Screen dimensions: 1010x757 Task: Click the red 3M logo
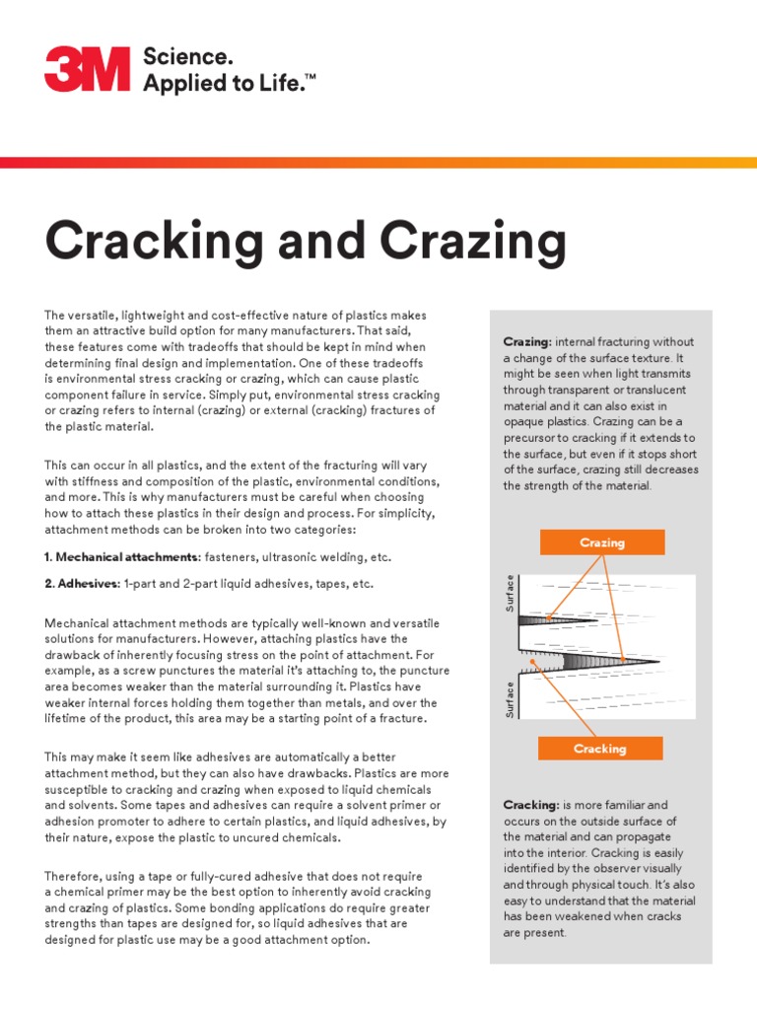[x=87, y=70]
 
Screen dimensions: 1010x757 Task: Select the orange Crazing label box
[x=601, y=542]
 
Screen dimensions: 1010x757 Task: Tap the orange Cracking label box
[x=600, y=749]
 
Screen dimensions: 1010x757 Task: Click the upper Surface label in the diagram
[x=510, y=593]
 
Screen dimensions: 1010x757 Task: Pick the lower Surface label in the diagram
[x=510, y=698]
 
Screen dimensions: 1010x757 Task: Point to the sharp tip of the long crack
[x=658, y=661]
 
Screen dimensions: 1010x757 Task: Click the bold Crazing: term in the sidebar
[x=527, y=341]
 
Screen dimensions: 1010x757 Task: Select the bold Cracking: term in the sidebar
[x=531, y=805]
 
